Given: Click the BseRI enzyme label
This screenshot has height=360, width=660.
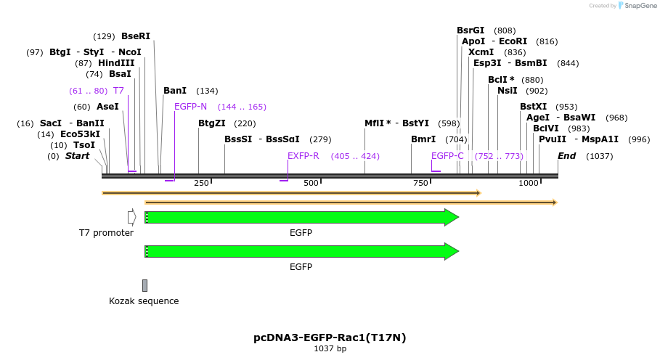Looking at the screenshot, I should pos(136,36).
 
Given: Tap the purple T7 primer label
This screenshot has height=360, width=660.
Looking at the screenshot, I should pos(118,91).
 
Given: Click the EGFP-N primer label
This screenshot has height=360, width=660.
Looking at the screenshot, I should pos(190,107).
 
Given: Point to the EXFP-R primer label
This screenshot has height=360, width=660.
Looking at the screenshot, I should pos(303,156).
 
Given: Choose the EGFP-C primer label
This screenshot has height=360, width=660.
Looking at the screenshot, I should pos(447,156).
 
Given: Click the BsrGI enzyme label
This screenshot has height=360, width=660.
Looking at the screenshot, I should pos(470,30).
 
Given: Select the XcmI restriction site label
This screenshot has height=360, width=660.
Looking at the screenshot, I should pos(481,52).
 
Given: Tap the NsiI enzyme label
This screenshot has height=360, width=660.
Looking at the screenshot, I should pos(508,91).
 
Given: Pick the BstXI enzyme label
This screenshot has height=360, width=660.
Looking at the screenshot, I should pos(533,107).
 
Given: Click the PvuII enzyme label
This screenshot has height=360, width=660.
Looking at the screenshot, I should pos(547,139).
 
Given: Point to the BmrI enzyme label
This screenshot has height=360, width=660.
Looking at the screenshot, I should pos(423,139).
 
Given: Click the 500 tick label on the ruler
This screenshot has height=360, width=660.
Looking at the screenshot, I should pos(311,184).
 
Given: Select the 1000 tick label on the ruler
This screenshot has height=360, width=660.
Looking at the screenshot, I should pos(528,184).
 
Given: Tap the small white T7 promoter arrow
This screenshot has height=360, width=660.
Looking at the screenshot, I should pos(131,217).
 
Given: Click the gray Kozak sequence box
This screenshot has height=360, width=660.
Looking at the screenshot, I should pos(144,285).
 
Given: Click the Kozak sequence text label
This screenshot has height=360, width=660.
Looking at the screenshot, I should pos(144,301).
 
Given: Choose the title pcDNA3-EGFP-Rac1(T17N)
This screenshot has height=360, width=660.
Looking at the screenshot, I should pos(330,337).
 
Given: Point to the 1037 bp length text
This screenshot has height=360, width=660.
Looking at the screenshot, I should pos(330,349).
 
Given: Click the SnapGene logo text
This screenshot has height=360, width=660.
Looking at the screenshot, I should pos(640,6).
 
